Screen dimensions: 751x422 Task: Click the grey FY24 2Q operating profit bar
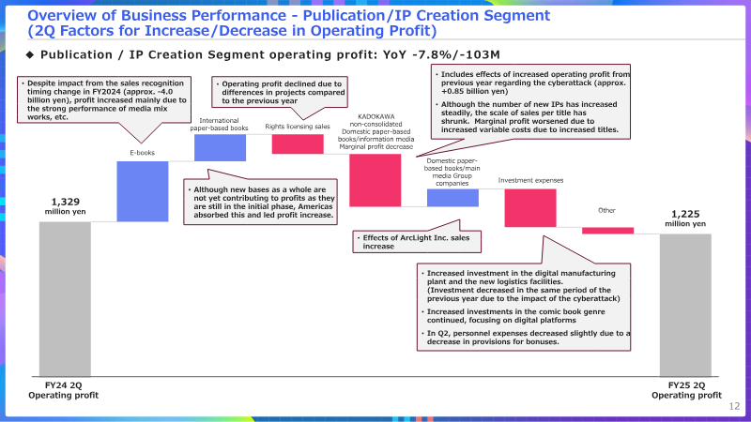65,299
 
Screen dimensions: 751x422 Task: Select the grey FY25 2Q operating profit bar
685,306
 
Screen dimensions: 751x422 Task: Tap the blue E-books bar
143,191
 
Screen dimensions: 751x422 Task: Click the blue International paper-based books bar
221,147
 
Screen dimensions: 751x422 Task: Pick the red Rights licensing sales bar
298,144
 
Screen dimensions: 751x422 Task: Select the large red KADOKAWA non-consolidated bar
375,180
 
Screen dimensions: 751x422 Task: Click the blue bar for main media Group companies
452,198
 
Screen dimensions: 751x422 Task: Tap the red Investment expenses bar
530,208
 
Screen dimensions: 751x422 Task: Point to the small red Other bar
607,231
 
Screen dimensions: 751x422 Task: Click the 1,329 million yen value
65,206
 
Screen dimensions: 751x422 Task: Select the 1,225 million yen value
685,219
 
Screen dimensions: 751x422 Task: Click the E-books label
143,153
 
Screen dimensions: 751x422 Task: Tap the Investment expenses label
530,180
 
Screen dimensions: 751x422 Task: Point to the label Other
606,210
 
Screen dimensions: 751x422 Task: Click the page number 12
734,406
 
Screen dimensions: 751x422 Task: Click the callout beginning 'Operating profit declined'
280,92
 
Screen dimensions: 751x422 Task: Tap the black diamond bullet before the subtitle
30,55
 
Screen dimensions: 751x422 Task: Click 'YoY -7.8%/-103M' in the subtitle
441,55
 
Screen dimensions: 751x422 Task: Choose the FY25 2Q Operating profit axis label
686,390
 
